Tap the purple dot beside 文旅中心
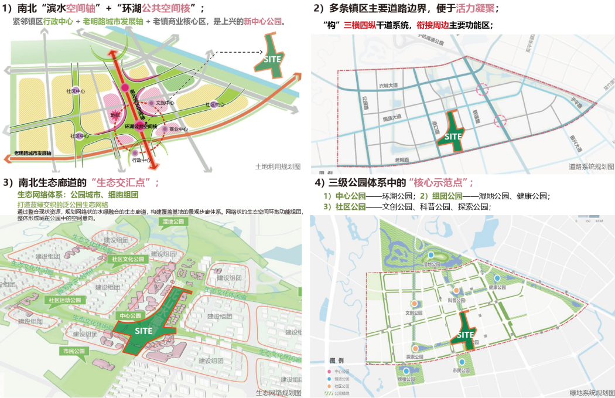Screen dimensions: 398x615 151,103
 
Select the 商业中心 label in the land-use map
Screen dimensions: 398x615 178,130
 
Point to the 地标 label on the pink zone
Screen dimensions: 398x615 115,115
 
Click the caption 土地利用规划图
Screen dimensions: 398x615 278,166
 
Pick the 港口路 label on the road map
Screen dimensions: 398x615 436,128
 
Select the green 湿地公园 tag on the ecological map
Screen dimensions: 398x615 173,222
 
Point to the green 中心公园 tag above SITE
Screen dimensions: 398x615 129,315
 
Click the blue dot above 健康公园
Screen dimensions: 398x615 497,278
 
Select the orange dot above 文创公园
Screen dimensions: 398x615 414,304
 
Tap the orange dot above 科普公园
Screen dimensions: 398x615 456,291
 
